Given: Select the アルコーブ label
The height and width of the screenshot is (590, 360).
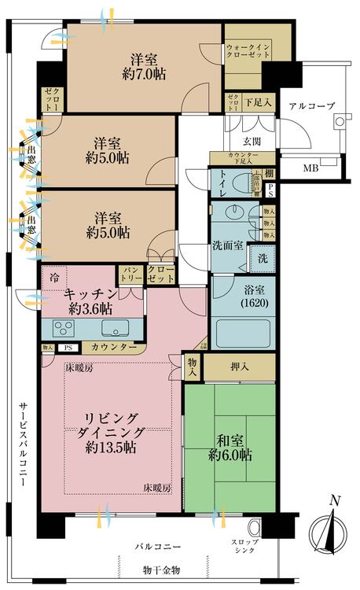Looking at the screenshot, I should click(x=311, y=105).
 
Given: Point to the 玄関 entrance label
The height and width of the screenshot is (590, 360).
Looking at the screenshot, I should click(x=251, y=141).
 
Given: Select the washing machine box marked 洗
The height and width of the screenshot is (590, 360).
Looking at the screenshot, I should click(x=262, y=258).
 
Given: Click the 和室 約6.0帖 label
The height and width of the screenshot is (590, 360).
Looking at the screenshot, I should click(x=230, y=446).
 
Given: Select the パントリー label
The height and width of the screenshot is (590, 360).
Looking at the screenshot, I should click(x=130, y=275).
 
